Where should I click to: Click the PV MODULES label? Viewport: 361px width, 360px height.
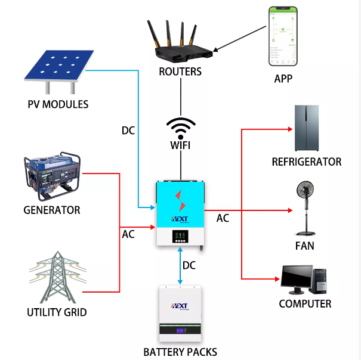pyautogui.click(x=58, y=104)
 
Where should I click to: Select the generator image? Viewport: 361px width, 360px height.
pyautogui.click(x=51, y=178)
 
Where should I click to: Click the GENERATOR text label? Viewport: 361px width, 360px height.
pyautogui.click(x=51, y=210)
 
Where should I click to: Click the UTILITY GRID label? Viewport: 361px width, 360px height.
pyautogui.click(x=57, y=312)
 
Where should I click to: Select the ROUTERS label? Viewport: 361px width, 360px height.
pyautogui.click(x=180, y=72)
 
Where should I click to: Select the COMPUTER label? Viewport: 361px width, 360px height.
pyautogui.click(x=305, y=304)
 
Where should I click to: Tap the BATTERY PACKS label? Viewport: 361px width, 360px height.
pyautogui.click(x=180, y=352)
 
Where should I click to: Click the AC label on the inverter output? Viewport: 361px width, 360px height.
pyautogui.click(x=223, y=218)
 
